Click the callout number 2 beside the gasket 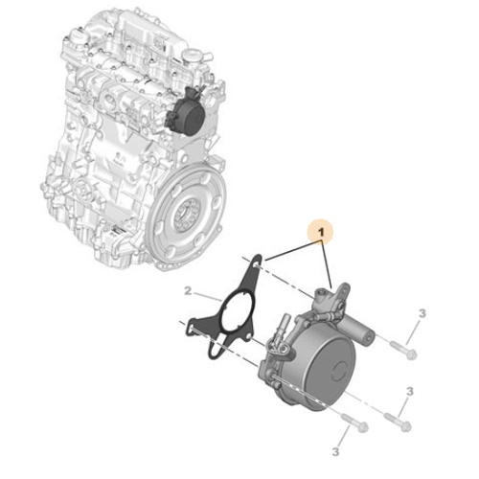click(x=189, y=290)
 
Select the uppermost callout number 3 click(x=421, y=313)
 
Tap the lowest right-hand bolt click(x=399, y=420)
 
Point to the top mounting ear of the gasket click(x=253, y=262)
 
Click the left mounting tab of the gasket click(x=196, y=329)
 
